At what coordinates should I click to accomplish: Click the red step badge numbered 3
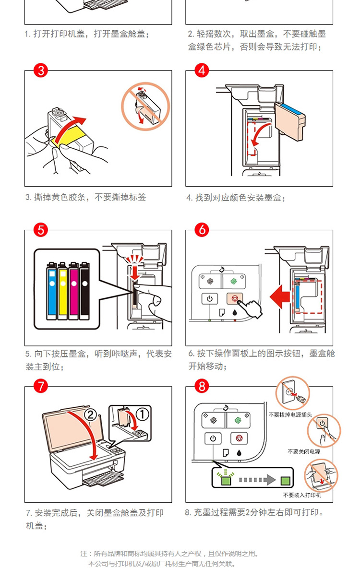coord(41,71)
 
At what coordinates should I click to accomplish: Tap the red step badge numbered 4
coord(202,71)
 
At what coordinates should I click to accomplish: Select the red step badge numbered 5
coord(41,230)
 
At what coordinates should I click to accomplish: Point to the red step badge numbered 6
coord(202,230)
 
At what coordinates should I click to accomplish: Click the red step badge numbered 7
coord(41,386)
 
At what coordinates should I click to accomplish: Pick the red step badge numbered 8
coord(202,386)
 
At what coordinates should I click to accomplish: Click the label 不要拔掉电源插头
coord(290,414)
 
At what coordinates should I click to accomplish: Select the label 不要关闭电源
coord(304,451)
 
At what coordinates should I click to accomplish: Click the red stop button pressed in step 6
coord(235,298)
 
